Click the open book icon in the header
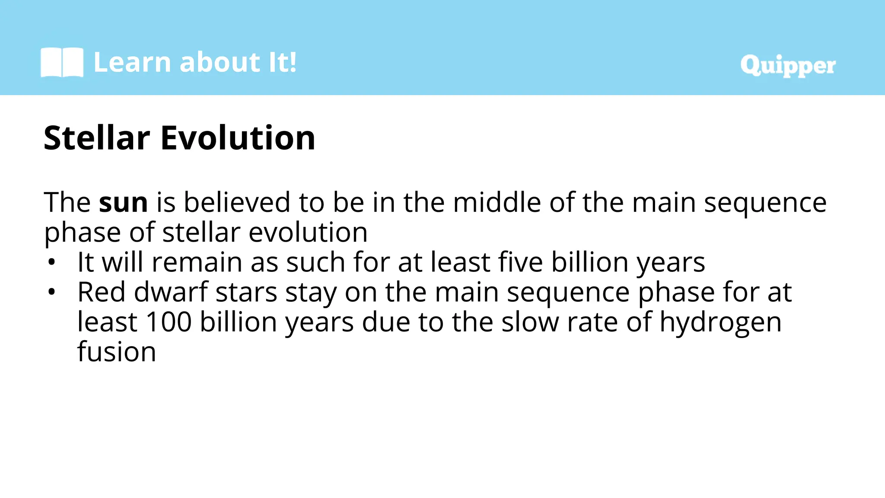pyautogui.click(x=62, y=63)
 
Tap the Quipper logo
pyautogui.click(x=787, y=66)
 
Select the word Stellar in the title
pyautogui.click(x=97, y=138)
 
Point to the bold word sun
pyautogui.click(x=123, y=202)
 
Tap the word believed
pyautogui.click(x=237, y=202)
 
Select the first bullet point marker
pyautogui.click(x=52, y=262)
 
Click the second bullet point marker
pyautogui.click(x=52, y=292)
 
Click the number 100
pyautogui.click(x=169, y=322)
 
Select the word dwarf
pyautogui.click(x=171, y=292)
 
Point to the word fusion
pyautogui.click(x=117, y=352)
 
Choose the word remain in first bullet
pyautogui.click(x=197, y=262)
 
